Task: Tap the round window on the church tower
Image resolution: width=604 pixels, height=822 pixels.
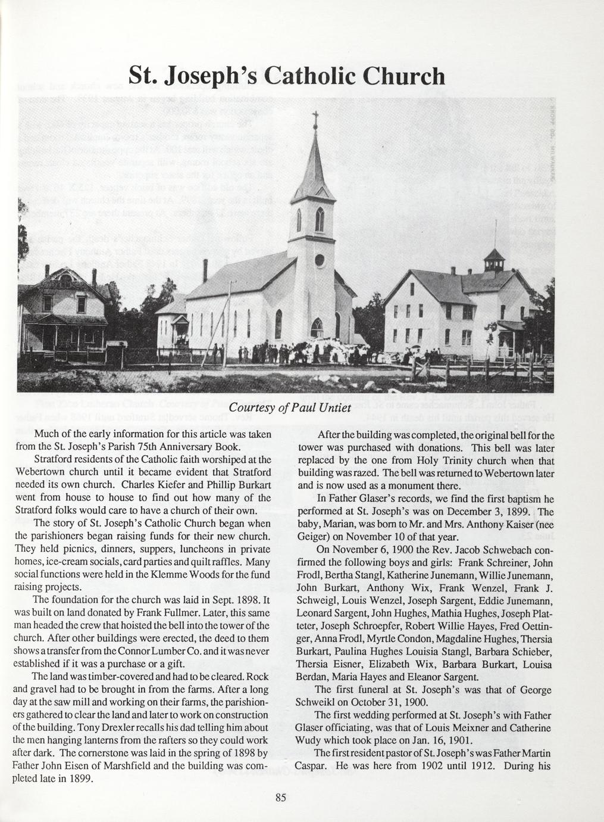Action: click(320, 260)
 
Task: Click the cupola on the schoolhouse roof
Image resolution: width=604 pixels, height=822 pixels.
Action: click(495, 260)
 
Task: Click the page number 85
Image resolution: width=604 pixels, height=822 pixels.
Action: click(281, 798)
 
